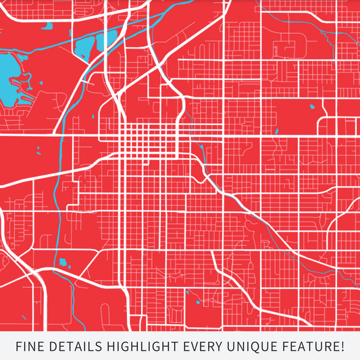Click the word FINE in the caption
(x=31, y=347)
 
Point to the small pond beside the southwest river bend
(x=63, y=261)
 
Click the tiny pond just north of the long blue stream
(x=48, y=28)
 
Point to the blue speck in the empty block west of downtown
(x=38, y=149)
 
